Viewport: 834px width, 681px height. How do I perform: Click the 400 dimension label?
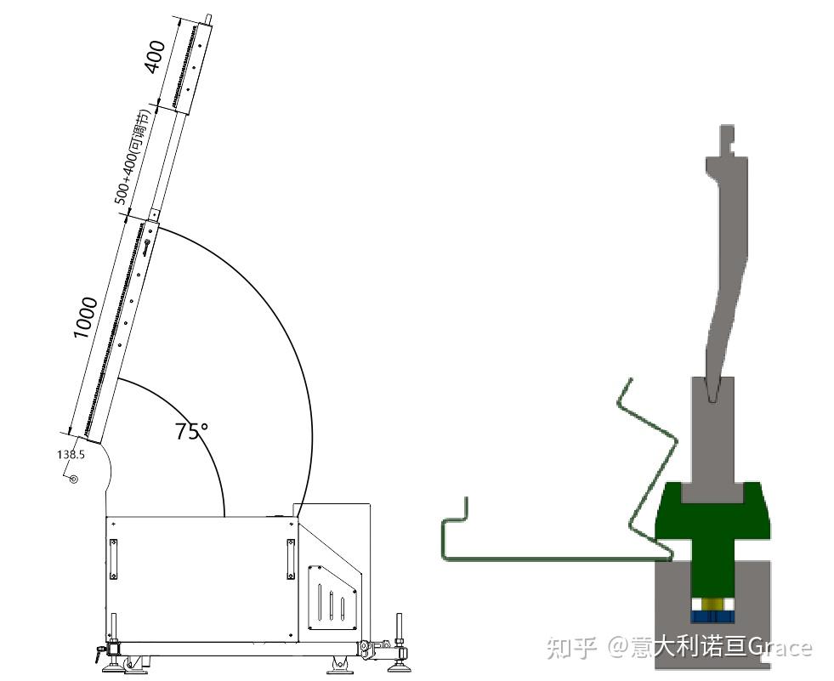point(156,57)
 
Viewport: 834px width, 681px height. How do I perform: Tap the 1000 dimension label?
point(85,318)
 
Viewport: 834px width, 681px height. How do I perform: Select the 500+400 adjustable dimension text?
point(130,158)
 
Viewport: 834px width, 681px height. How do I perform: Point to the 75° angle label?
point(192,431)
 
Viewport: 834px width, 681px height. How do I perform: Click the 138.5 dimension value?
point(71,455)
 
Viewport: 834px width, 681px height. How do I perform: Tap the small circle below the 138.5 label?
point(74,480)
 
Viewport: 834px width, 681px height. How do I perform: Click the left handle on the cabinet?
point(113,559)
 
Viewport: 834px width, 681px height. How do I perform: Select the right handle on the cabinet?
point(291,559)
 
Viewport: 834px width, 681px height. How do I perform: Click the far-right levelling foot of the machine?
point(400,655)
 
